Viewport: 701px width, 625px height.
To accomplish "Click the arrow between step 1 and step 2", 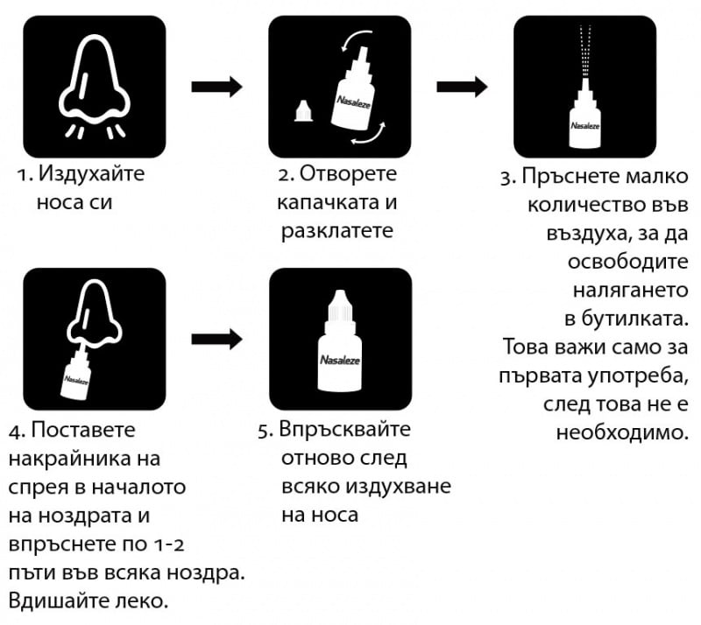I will pos(216,86).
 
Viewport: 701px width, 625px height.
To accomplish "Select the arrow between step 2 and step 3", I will pos(462,86).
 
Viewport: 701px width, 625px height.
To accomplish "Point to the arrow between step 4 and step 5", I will pos(216,339).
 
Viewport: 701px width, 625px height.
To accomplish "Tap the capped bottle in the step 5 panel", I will pos(339,346).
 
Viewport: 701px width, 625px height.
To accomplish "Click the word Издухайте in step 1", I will pos(92,174).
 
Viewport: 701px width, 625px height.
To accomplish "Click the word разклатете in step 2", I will pos(337,232).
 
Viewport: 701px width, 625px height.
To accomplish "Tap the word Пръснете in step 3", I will pos(565,175).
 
